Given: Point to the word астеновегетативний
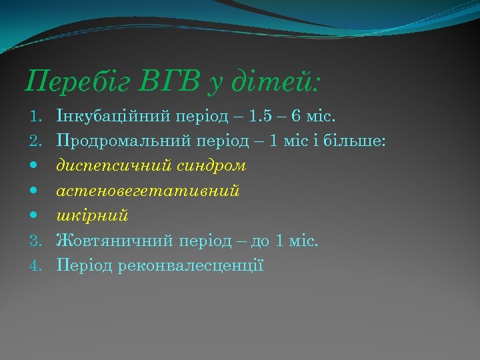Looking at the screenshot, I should click(x=148, y=191).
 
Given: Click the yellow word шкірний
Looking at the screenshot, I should click(x=93, y=215).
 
